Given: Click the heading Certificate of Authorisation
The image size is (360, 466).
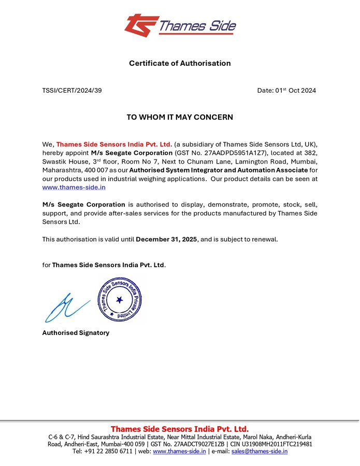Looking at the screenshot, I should click(x=180, y=63).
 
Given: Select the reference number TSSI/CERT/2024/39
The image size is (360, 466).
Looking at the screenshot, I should click(x=72, y=91).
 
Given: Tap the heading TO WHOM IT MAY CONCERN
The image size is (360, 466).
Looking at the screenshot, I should click(x=180, y=118).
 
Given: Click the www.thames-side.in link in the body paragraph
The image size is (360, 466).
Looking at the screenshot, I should click(x=74, y=187).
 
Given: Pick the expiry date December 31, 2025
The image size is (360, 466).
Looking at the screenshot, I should click(x=166, y=239).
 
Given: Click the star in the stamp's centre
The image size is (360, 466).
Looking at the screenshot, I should click(x=120, y=300).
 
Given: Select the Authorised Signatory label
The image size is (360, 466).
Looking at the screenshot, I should click(x=76, y=333).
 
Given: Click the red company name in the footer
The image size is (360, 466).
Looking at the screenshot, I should click(x=180, y=429).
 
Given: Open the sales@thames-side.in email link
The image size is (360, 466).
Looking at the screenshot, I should click(x=260, y=452).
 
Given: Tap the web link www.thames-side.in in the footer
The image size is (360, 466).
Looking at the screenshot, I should click(x=180, y=452).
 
